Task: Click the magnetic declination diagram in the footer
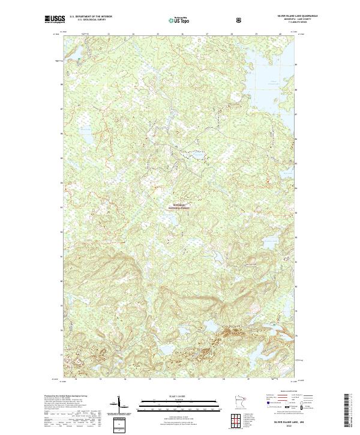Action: click(x=118, y=408)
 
